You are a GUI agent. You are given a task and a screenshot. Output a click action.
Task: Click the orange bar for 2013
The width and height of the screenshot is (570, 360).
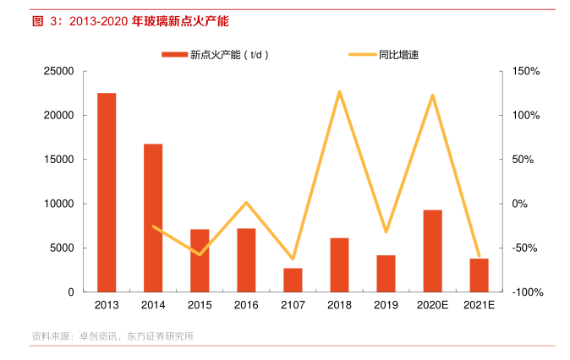[x=107, y=193]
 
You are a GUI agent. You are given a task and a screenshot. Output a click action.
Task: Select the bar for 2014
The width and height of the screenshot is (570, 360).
[x=153, y=218]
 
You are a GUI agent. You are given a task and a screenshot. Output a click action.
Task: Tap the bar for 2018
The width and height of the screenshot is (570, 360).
[x=339, y=265]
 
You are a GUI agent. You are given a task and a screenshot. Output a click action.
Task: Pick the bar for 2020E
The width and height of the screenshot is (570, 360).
[x=432, y=251]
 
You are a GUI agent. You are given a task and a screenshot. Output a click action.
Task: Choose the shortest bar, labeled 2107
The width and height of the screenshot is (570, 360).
[x=293, y=280]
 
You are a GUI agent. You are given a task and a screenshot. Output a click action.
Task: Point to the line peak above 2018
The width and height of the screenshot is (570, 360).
[x=339, y=91]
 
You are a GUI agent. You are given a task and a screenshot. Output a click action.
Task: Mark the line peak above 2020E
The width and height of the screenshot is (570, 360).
[x=432, y=95]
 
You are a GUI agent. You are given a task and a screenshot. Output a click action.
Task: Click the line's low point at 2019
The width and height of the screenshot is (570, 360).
[x=386, y=232]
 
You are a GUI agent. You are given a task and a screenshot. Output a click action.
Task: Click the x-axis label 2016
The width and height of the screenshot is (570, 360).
[x=246, y=305]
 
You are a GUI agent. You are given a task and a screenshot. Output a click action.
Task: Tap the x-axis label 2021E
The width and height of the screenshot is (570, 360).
[x=479, y=305]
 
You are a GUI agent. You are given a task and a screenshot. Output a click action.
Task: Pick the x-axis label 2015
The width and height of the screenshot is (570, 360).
[x=200, y=305]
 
